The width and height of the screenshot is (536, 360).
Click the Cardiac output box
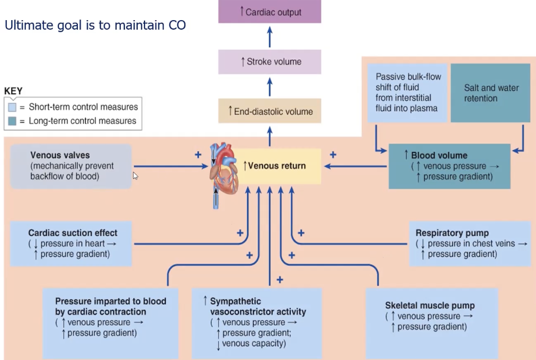(270, 12)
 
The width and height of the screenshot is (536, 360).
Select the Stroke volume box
(270, 62)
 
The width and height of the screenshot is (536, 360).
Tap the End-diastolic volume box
(270, 112)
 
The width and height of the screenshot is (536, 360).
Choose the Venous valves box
(71, 166)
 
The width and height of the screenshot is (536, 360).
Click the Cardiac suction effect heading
(73, 233)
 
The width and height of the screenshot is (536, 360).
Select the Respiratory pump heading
(452, 233)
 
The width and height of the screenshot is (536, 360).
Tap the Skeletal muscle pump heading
(430, 305)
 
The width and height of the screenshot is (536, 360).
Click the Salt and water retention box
(491, 93)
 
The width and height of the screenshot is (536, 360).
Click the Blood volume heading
(439, 155)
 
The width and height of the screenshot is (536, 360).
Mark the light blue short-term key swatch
(12, 107)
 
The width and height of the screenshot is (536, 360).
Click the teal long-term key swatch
(12, 121)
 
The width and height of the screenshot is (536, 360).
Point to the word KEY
(13, 91)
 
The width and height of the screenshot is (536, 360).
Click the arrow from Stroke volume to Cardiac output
(270, 37)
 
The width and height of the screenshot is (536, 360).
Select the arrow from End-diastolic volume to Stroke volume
(270, 86)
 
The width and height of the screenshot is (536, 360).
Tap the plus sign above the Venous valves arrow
(198, 155)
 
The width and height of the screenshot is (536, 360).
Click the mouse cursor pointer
(135, 175)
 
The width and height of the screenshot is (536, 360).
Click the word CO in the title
(176, 25)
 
